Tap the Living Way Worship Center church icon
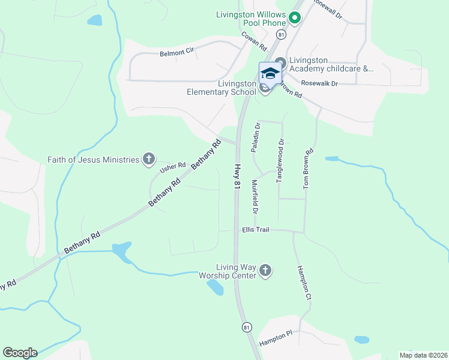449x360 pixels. coord(266,271)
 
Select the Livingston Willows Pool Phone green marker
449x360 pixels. coord(294,19)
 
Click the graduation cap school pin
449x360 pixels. coord(270,73)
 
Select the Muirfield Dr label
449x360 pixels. coord(255,197)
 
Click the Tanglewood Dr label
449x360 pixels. coord(280,160)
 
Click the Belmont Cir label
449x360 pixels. coord(177,53)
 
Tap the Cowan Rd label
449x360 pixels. coord(253,40)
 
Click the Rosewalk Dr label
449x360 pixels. coord(320,83)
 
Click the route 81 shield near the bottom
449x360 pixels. coord(246,327)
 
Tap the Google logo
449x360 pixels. coord(20,353)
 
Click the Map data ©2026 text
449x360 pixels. coord(423,355)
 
